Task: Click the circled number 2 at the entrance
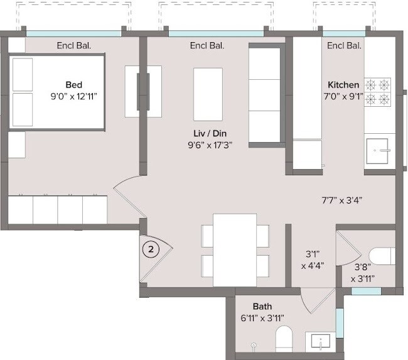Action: pyautogui.click(x=151, y=249)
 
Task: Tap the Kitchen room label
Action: pyautogui.click(x=343, y=85)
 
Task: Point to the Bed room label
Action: pyautogui.click(x=74, y=85)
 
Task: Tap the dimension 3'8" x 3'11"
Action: pyautogui.click(x=362, y=273)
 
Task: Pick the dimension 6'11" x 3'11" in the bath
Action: pyautogui.click(x=263, y=318)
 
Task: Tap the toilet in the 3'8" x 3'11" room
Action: pyautogui.click(x=382, y=256)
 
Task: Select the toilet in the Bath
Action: pyautogui.click(x=284, y=339)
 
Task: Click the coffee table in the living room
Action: pyautogui.click(x=208, y=94)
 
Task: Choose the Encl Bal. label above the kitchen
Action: pyautogui.click(x=344, y=45)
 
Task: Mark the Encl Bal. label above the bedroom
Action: pyautogui.click(x=74, y=45)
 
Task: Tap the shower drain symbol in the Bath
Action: pyautogui.click(x=254, y=346)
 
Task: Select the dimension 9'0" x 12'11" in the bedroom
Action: pyautogui.click(x=74, y=96)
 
